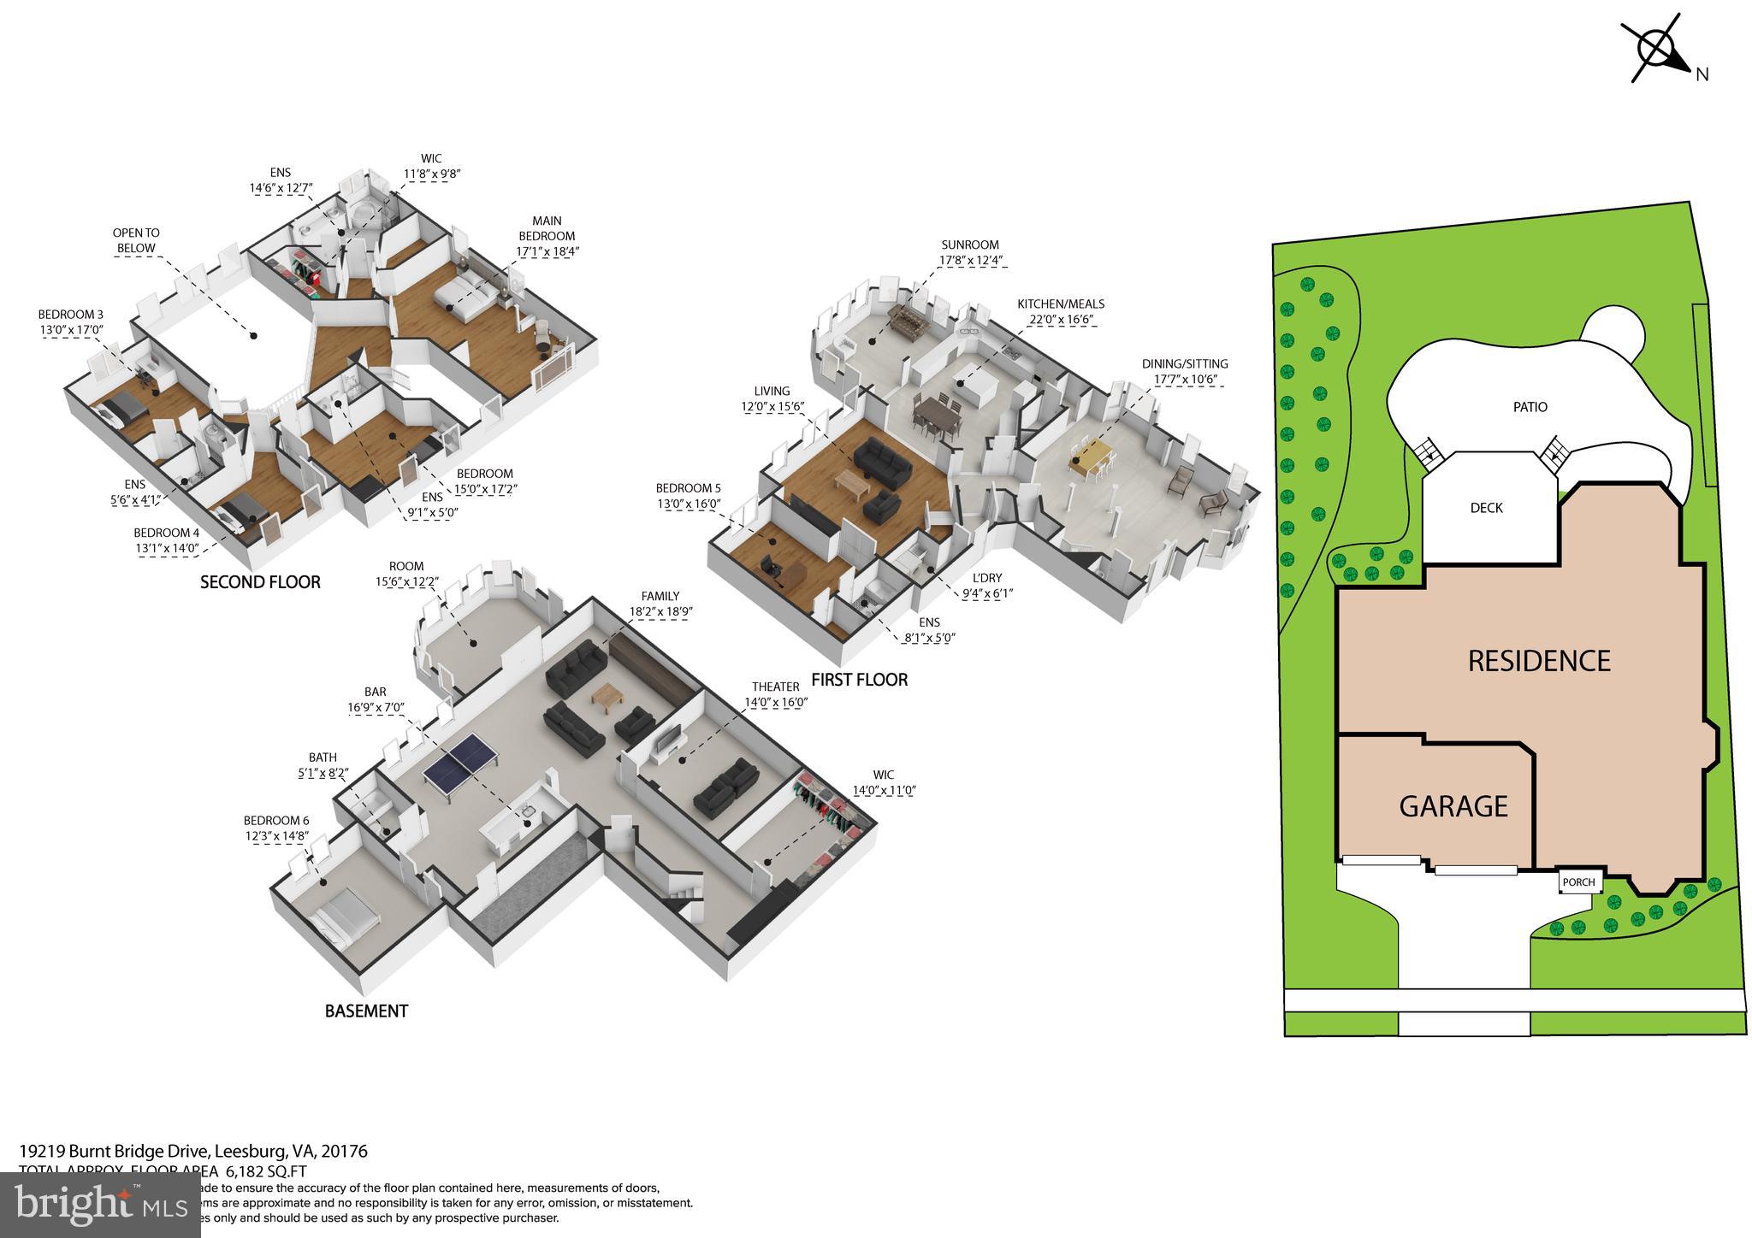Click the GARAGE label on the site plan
point(1453,805)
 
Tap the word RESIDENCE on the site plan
point(1539,661)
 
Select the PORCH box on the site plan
point(1578,882)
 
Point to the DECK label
point(1486,508)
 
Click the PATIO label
point(1530,407)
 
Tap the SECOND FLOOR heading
point(260,582)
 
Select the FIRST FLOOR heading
point(859,680)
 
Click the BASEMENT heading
point(366,1011)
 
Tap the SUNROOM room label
point(969,245)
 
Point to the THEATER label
point(775,687)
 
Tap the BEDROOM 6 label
point(275,821)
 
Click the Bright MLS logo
point(100,1206)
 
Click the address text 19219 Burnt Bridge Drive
point(115,1152)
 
